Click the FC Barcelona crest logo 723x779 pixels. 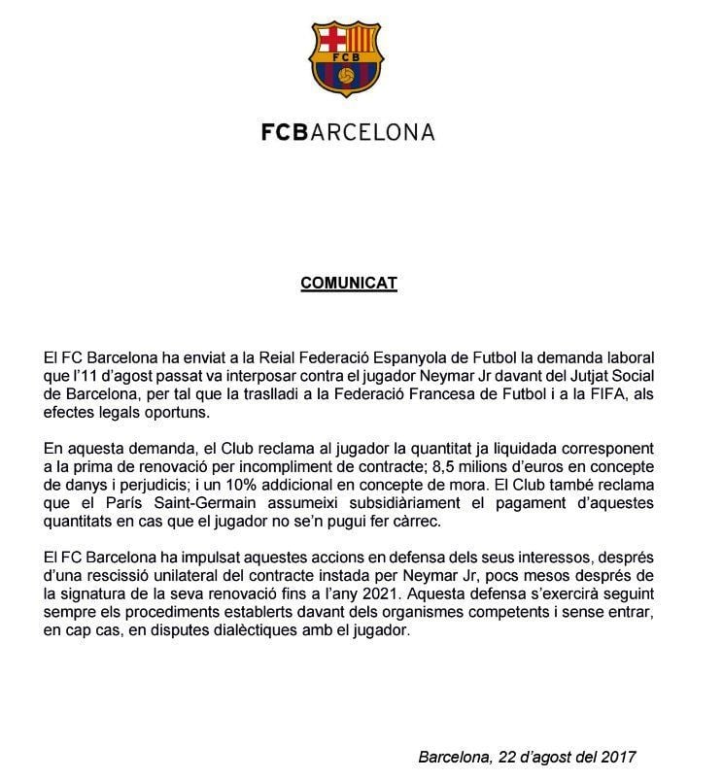(347, 58)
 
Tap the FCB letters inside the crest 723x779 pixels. (347, 56)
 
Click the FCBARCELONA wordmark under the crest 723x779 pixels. (347, 131)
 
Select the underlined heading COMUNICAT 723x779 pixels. (348, 284)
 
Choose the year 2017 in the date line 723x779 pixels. (618, 756)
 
